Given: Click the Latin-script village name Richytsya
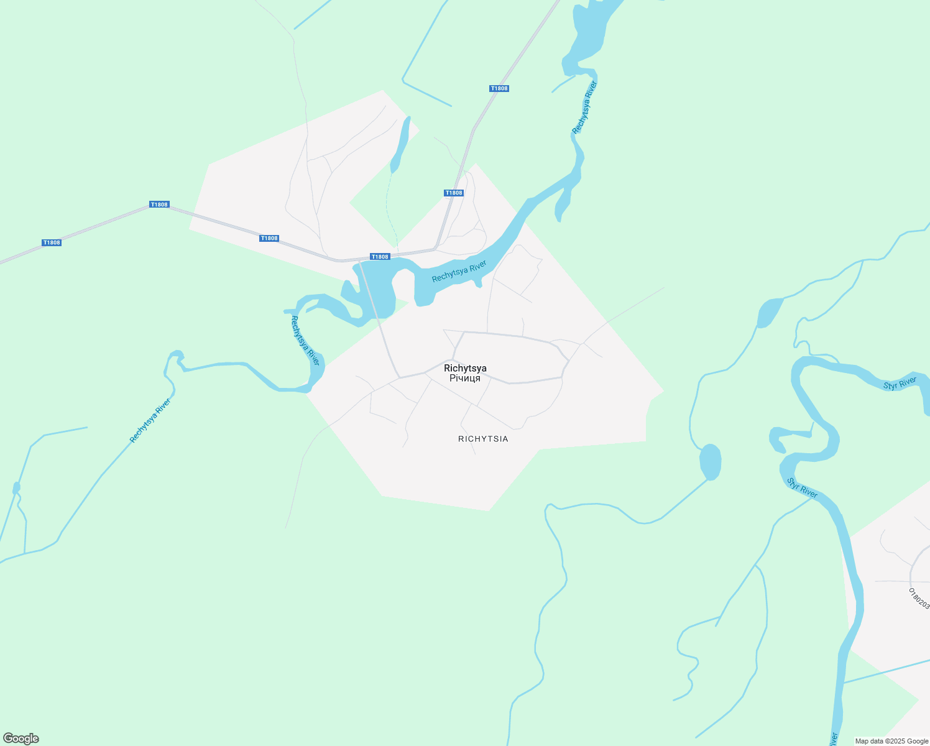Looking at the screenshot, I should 465,368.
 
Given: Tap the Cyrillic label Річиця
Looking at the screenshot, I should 465,378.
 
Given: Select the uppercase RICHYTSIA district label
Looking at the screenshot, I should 483,439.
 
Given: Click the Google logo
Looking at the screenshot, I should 21,739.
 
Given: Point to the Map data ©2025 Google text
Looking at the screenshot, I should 891,741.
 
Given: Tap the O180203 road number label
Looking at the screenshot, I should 919,599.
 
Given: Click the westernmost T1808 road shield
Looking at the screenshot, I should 52,242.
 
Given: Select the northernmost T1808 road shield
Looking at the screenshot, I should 499,88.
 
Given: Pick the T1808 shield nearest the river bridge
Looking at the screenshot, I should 379,257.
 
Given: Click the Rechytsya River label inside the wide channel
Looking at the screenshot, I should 459,272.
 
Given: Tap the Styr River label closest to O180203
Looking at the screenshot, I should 802,488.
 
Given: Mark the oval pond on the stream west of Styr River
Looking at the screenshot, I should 710,462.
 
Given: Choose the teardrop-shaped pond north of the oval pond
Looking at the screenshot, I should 769,313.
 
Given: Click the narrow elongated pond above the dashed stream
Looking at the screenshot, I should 399,145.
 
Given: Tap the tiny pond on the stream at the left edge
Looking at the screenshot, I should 16,488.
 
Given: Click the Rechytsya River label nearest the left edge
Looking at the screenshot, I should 150,421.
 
